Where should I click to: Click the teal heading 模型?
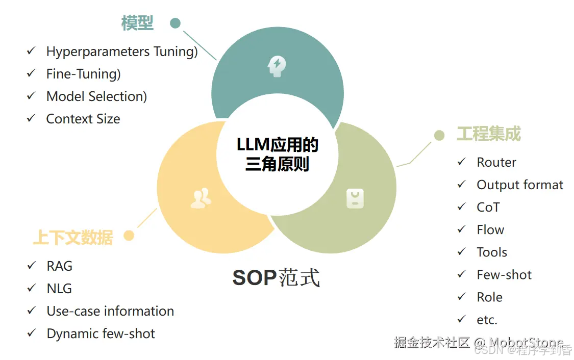[x=137, y=23]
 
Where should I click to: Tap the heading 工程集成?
[x=488, y=135]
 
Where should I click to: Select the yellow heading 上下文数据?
[x=73, y=238]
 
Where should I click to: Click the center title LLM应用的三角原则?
[x=277, y=155]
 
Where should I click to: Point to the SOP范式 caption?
[x=276, y=278]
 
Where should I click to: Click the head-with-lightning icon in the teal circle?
[x=277, y=66]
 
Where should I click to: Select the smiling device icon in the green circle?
[x=355, y=198]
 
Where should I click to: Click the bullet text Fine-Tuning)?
[x=83, y=74]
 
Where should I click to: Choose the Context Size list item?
[x=83, y=119]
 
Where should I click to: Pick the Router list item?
[x=496, y=162]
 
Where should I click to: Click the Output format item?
[x=519, y=185]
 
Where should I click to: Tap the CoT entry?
[x=488, y=207]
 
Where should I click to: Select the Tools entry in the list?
[x=491, y=252]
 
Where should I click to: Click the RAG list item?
[x=59, y=266]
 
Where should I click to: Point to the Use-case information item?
[x=110, y=311]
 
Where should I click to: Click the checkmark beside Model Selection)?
[x=32, y=96]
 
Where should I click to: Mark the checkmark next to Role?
[x=462, y=296]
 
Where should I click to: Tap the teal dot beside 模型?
[x=175, y=23]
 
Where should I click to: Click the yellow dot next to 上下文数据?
[x=129, y=236]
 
